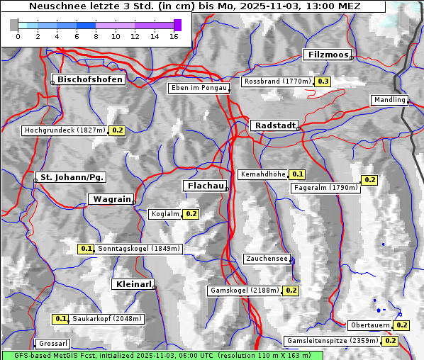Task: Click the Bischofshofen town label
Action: click(91, 79)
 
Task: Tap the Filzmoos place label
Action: click(328, 55)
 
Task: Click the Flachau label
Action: click(205, 186)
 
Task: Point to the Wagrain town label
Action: click(110, 200)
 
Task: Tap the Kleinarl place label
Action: click(133, 284)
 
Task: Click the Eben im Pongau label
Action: click(198, 88)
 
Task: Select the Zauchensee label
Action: click(267, 259)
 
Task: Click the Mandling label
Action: click(389, 100)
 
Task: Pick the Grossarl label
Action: click(53, 343)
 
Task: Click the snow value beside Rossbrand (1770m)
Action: click(323, 81)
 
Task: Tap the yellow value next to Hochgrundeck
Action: click(118, 130)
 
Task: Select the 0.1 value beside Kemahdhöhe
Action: click(298, 174)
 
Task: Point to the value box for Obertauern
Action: click(402, 325)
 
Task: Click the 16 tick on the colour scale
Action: click(174, 36)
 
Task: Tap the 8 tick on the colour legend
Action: click(96, 36)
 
